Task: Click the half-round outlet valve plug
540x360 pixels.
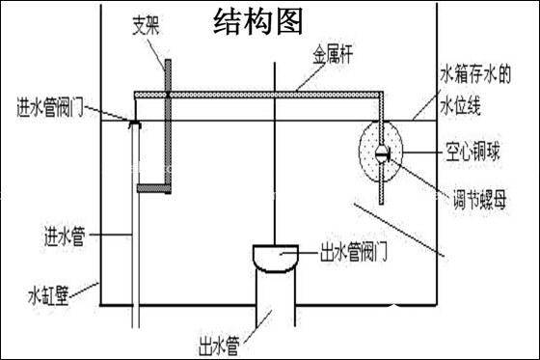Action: [x=274, y=256]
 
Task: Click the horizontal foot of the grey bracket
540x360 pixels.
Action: [x=151, y=185]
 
